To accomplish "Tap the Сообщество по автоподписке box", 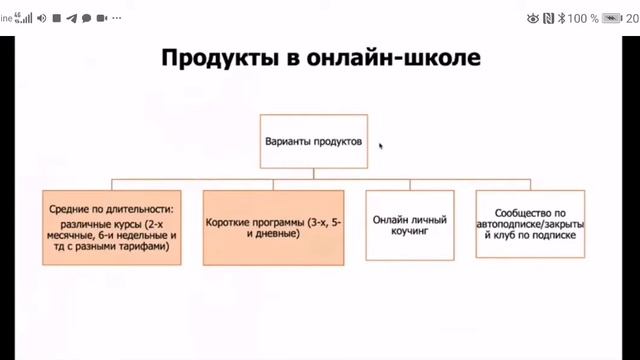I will [531, 226].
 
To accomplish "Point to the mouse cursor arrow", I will [381, 145].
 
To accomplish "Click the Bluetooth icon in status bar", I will [561, 18].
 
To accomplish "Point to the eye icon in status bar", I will [532, 18].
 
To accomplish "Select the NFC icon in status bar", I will [548, 18].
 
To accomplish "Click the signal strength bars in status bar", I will [28, 18].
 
